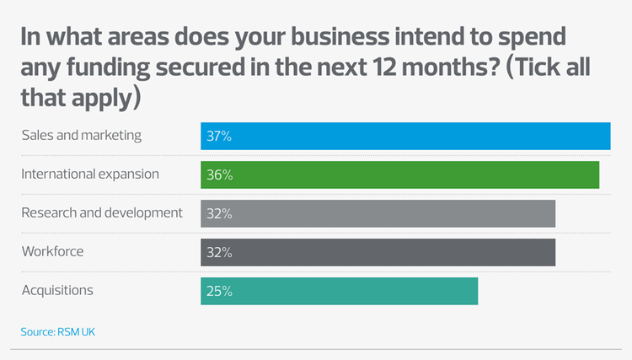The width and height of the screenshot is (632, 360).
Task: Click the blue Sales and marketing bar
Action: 404,137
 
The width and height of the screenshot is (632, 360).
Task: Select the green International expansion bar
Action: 399,175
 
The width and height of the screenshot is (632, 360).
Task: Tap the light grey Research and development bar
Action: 378,213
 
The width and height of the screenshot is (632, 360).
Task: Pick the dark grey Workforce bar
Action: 378,252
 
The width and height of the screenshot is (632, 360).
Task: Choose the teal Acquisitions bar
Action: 339,291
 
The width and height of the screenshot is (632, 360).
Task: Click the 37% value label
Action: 219,137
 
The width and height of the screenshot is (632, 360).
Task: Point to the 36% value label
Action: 219,175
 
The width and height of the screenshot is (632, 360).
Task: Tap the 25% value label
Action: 219,291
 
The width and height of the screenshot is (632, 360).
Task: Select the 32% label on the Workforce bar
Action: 219,252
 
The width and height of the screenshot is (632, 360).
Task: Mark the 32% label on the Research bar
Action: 219,213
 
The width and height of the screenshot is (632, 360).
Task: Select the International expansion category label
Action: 90,174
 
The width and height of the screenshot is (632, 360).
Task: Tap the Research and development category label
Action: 101,212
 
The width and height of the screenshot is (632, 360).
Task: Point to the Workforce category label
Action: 52,251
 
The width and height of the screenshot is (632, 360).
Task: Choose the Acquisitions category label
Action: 56,290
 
